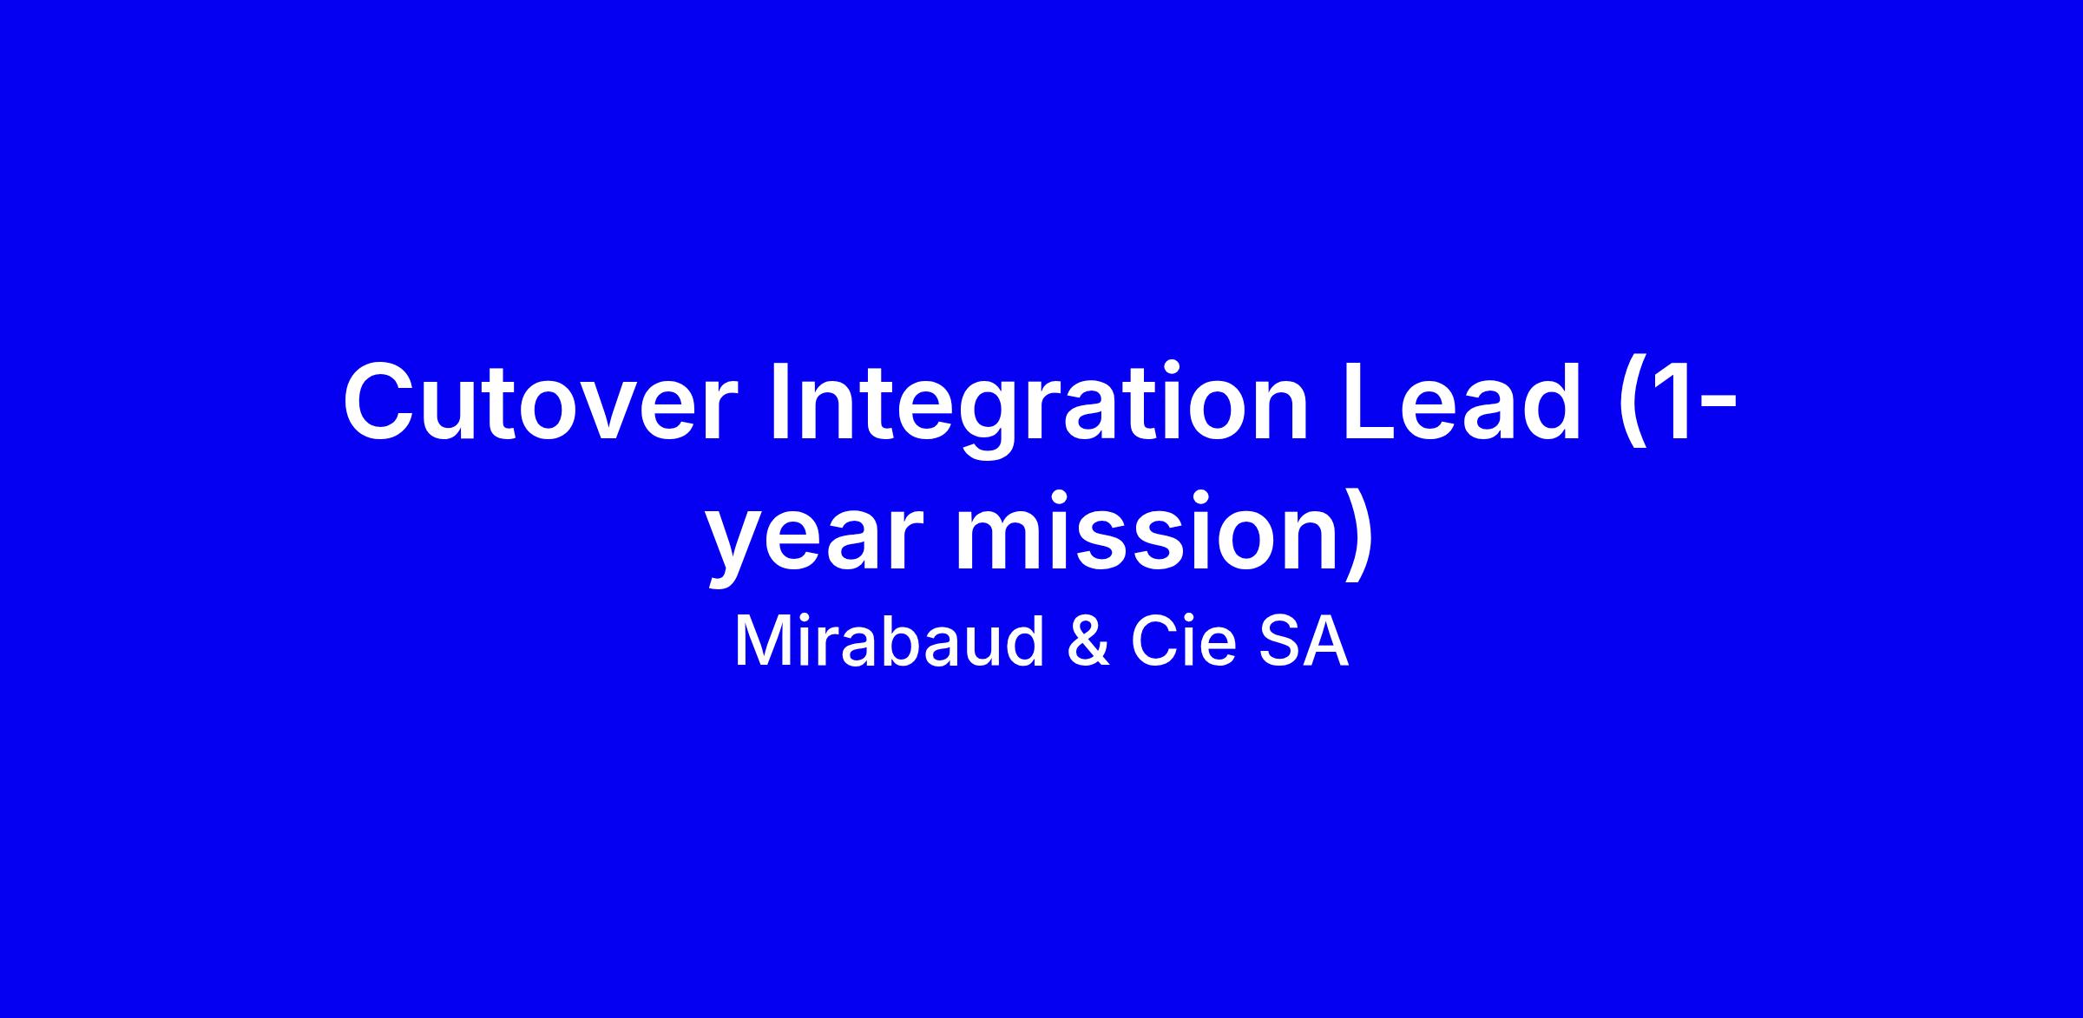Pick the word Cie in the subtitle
click(1183, 643)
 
